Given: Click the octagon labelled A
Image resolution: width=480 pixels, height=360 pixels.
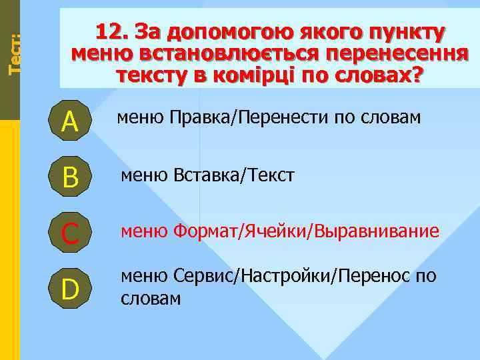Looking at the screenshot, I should [x=70, y=121].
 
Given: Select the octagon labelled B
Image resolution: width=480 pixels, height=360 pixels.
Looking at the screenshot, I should [x=70, y=177].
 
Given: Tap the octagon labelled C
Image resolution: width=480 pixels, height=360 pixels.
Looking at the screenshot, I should [x=70, y=233].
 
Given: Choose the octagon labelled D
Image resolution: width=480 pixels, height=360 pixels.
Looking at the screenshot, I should [x=70, y=289].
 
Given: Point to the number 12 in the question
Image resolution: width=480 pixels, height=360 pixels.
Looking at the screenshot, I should [x=111, y=32].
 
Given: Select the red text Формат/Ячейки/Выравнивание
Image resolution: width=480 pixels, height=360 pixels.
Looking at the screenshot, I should [x=306, y=231].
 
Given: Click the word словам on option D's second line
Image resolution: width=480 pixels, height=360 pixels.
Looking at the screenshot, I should [x=151, y=297].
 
